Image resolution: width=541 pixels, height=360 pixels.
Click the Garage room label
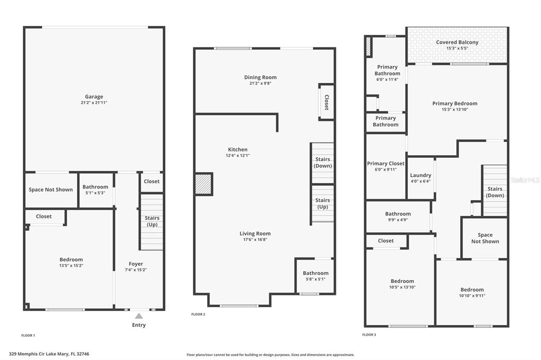(94, 97)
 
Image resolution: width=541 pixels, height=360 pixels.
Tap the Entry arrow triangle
(139, 316)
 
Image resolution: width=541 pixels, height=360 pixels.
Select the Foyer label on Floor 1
(136, 264)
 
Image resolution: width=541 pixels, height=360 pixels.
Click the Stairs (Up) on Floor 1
(152, 222)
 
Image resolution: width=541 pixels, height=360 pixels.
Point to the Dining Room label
(260, 77)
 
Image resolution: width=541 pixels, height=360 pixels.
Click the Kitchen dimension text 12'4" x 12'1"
(238, 156)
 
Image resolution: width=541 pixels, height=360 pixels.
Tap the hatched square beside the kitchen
(203, 184)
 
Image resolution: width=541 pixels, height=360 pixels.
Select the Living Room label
(255, 233)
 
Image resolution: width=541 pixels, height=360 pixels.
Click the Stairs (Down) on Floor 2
(323, 163)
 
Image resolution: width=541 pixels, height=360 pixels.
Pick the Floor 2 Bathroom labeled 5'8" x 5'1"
(315, 276)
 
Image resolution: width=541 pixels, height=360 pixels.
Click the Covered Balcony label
(457, 42)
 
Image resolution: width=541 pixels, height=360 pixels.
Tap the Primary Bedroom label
(455, 103)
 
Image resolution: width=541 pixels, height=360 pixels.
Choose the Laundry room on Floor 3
(421, 178)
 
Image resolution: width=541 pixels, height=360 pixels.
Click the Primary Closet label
(386, 164)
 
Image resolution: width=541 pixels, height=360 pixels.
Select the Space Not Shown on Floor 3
(485, 238)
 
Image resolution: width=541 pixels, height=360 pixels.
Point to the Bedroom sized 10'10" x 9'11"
(472, 292)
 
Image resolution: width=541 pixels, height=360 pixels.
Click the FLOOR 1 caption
(28, 335)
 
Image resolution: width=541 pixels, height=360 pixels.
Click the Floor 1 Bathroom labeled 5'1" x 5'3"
(95, 190)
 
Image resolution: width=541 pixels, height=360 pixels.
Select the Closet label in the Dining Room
(327, 102)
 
